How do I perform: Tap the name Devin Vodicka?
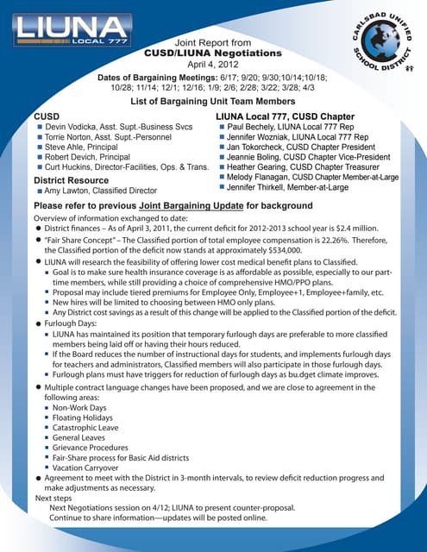pyautogui.click(x=72, y=127)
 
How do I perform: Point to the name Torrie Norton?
pyautogui.click(x=71, y=136)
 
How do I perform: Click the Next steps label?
pyautogui.click(x=53, y=499)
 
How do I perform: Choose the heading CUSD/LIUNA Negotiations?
pyautogui.click(x=212, y=53)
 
